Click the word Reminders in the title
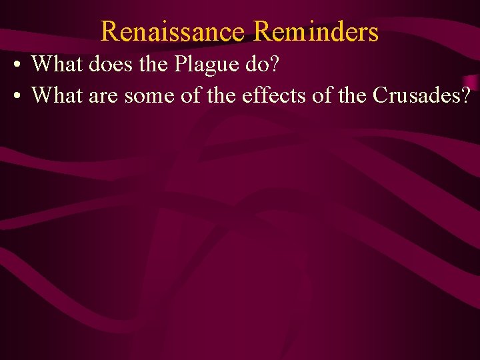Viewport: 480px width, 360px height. tap(316, 31)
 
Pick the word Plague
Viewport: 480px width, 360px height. tap(203, 65)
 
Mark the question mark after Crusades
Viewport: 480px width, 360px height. tap(464, 95)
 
